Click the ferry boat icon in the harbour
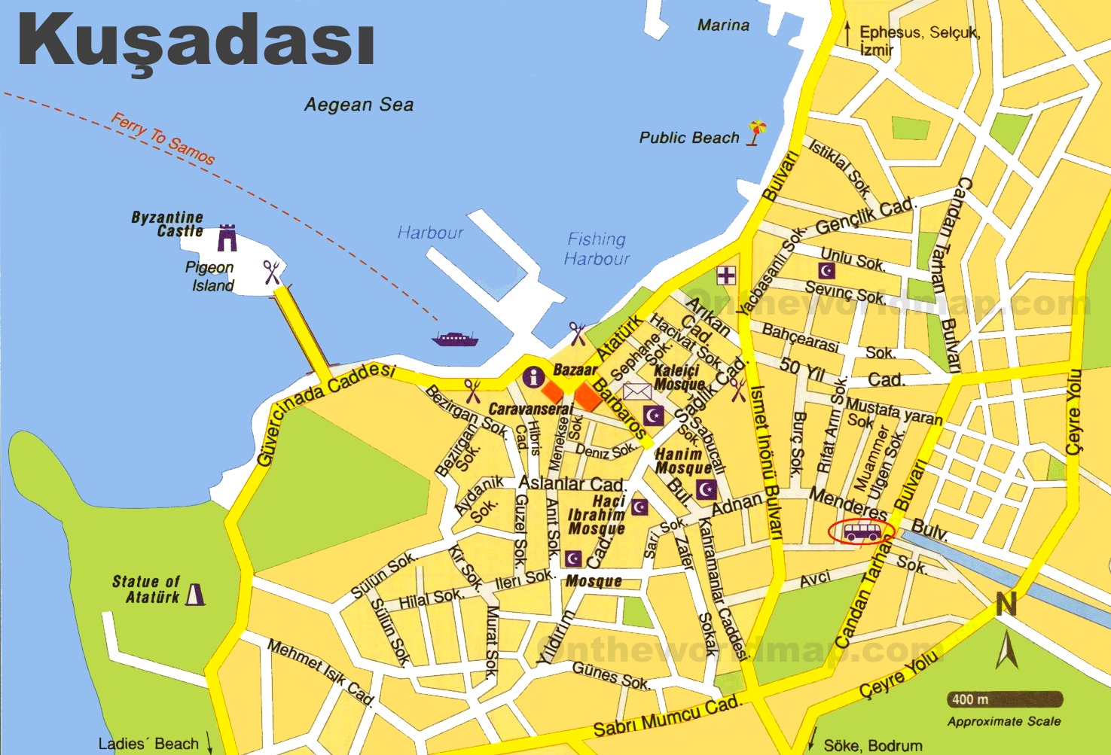[x=454, y=339]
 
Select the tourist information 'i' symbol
[x=534, y=377]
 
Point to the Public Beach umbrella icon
[x=756, y=132]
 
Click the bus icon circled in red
[x=861, y=532]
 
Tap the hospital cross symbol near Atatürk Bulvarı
[x=726, y=275]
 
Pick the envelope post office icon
[x=636, y=391]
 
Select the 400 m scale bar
[x=1005, y=699]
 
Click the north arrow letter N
[x=1006, y=604]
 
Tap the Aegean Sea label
[x=359, y=105]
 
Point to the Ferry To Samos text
[x=163, y=139]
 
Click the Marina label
[x=723, y=25]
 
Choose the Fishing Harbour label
[x=597, y=248]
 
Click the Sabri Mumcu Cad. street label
[x=667, y=717]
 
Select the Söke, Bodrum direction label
[x=872, y=745]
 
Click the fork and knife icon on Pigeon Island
[x=272, y=272]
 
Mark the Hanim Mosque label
[x=682, y=461]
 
